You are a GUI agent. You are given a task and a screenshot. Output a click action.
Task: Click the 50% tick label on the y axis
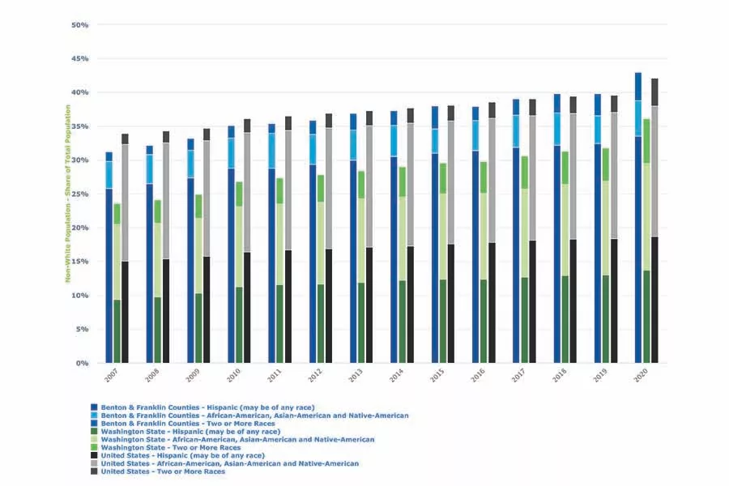pos(79,25)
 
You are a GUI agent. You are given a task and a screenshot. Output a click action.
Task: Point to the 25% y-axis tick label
pos(79,194)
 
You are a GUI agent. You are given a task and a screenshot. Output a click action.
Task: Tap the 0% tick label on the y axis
pos(82,364)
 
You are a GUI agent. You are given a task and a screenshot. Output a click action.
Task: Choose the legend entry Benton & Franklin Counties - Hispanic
pos(207,407)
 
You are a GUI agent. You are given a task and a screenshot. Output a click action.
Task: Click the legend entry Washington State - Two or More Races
pos(170,447)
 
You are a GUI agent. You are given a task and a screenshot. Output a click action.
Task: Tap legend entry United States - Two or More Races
pos(163,471)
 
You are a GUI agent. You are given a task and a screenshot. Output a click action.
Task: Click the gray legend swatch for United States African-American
pos(94,463)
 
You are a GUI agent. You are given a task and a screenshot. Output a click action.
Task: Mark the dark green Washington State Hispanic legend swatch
pos(94,431)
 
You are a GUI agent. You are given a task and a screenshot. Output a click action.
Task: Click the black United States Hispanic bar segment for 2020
pos(654,300)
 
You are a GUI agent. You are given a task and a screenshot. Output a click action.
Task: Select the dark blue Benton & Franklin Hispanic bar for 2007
pos(109,275)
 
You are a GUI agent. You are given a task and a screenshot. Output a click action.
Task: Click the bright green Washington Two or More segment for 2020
pos(646,141)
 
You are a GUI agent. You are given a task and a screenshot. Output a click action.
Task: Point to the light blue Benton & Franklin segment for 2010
pos(231,152)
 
